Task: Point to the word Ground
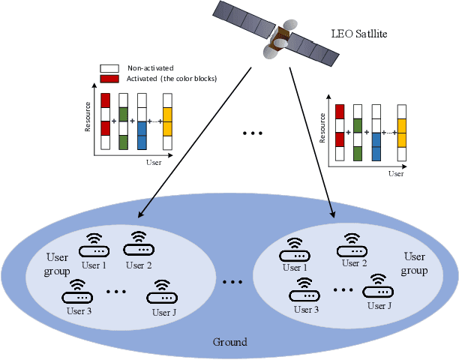tap(229, 342)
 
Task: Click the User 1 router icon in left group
tap(92, 246)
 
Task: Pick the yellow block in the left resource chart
tap(167, 121)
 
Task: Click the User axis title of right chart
tap(396, 173)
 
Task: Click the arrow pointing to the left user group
tap(196, 143)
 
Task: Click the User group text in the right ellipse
tap(414, 262)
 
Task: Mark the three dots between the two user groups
tap(232, 282)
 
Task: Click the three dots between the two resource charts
tap(253, 133)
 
